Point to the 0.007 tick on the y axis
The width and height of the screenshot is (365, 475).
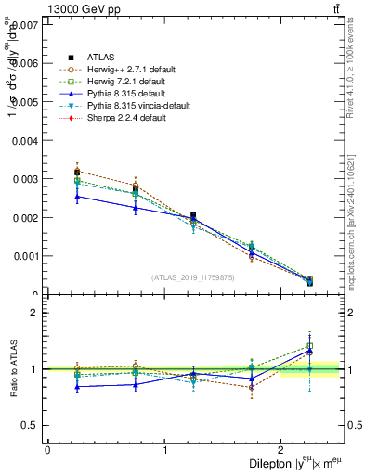(x=26, y=24)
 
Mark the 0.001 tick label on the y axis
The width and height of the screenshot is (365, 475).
(x=26, y=256)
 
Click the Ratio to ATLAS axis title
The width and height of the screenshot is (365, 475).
(x=10, y=369)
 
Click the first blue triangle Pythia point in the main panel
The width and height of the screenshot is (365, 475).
(x=77, y=196)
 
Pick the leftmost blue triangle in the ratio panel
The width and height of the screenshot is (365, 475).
(x=77, y=386)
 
